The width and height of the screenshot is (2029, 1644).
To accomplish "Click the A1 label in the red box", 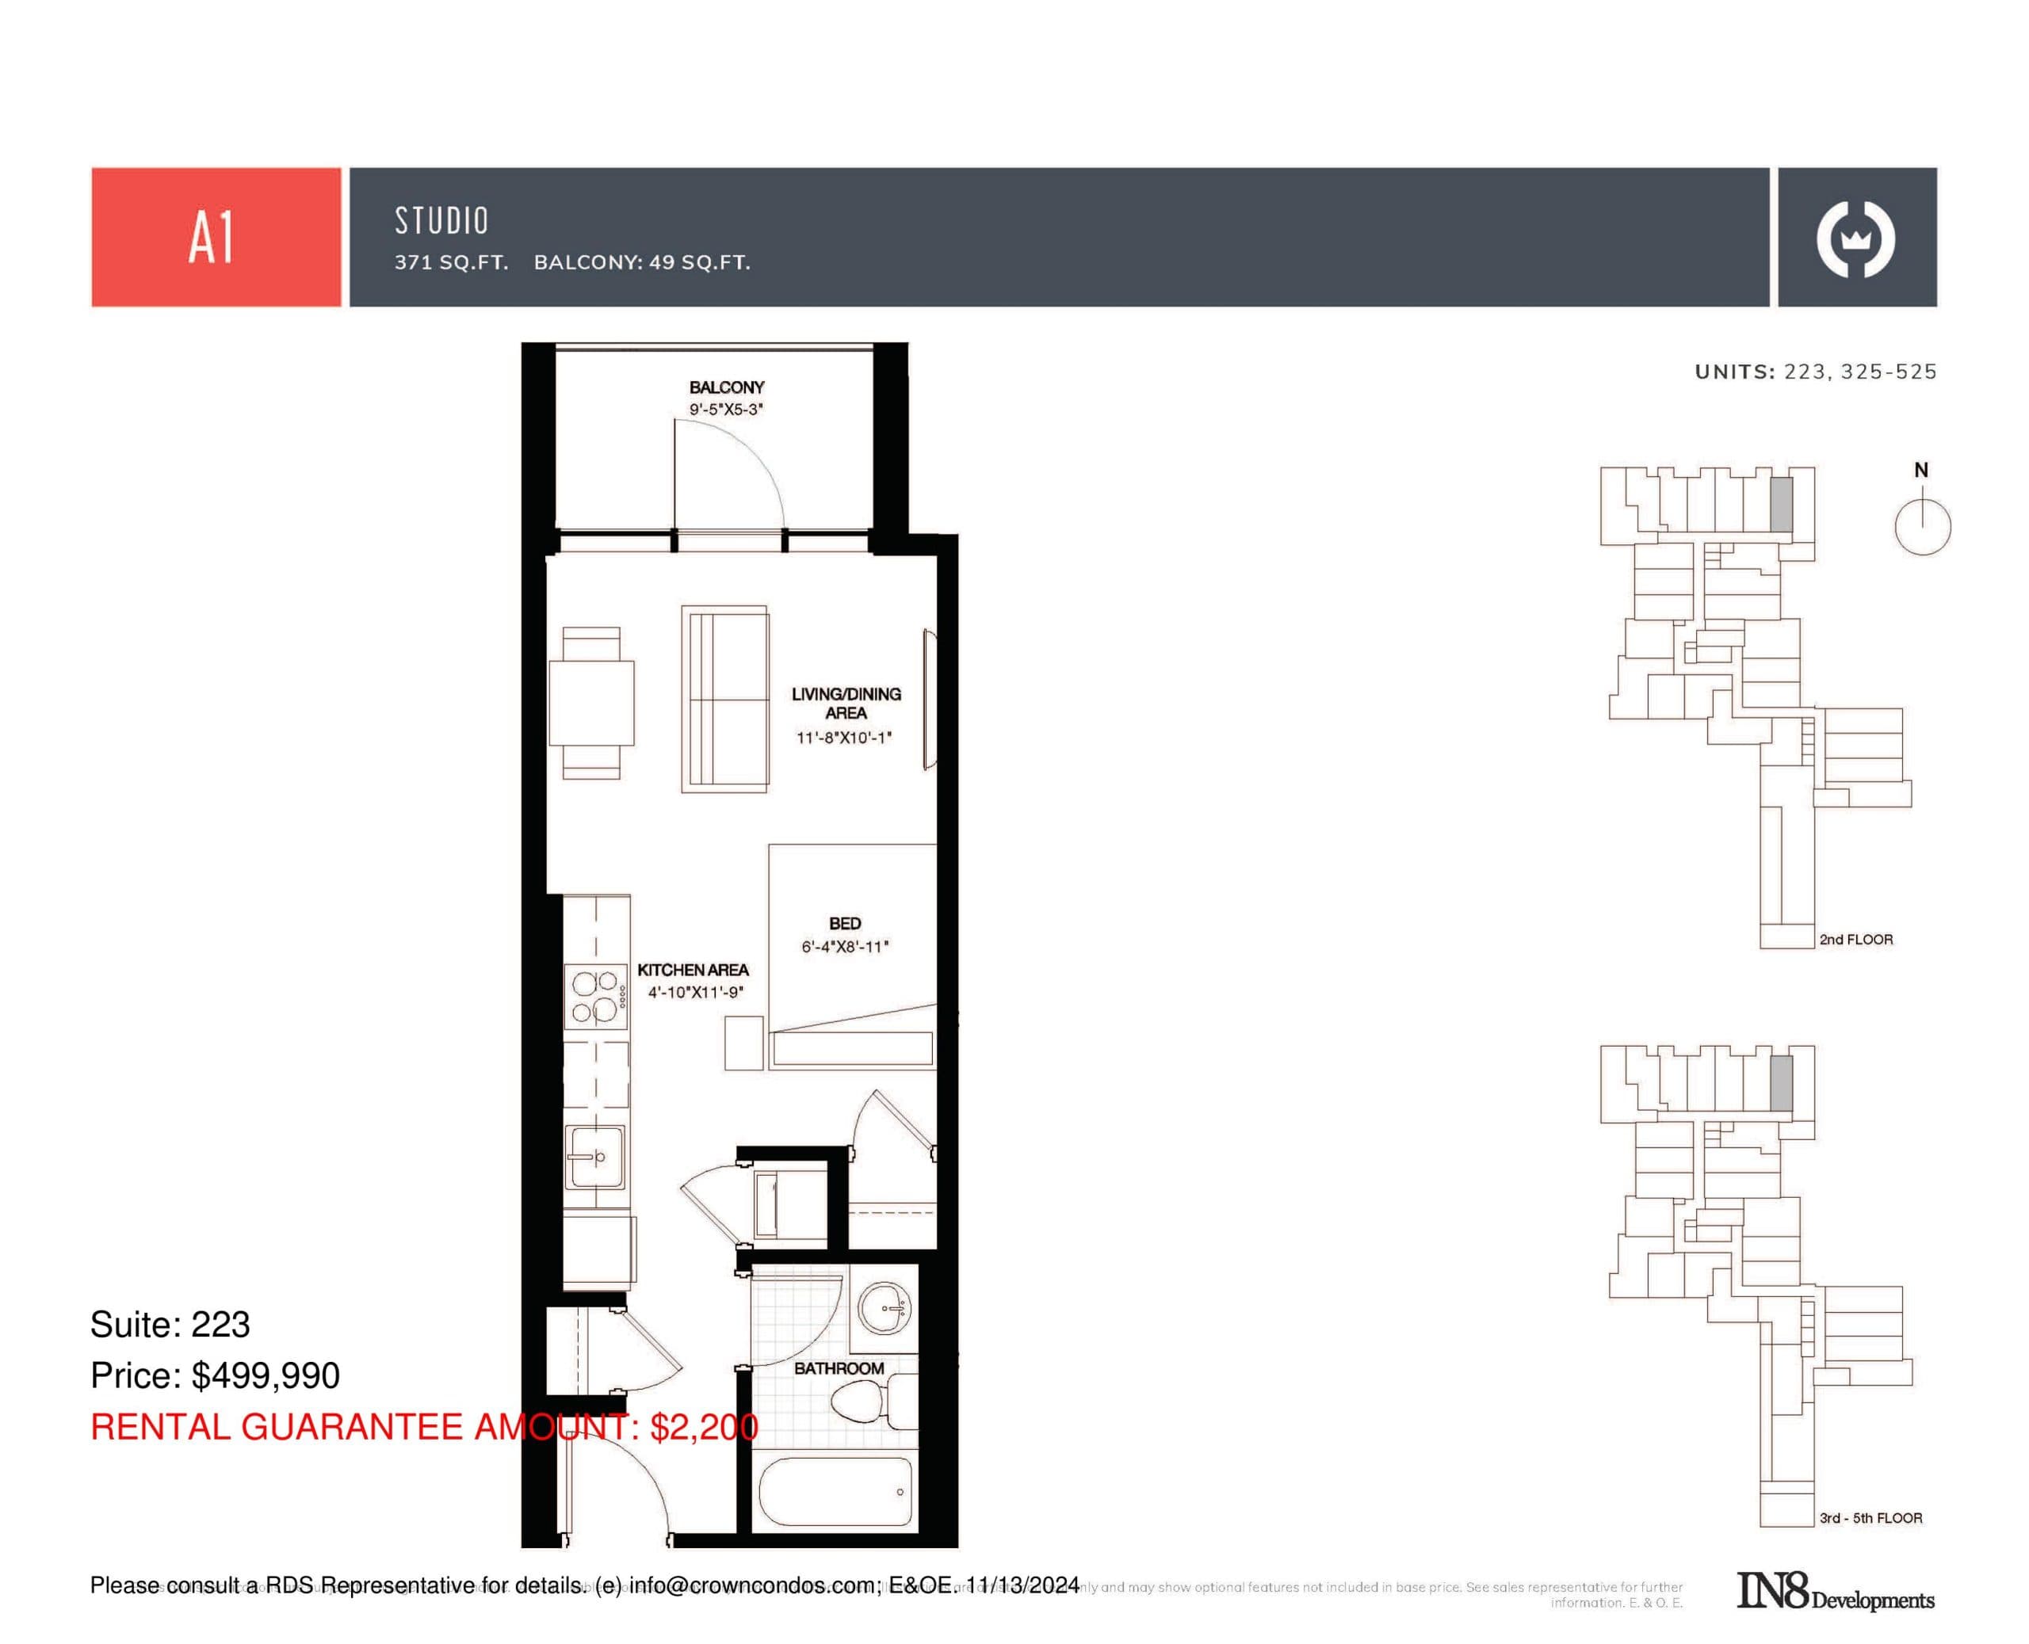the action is click(212, 238).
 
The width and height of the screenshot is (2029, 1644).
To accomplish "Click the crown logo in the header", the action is click(1855, 239).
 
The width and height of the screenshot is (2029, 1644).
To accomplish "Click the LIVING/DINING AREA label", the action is click(845, 703).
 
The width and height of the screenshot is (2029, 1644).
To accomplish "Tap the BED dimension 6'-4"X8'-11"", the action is click(844, 946).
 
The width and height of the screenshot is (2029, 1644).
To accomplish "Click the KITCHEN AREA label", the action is click(693, 970).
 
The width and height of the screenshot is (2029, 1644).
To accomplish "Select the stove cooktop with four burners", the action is click(595, 996).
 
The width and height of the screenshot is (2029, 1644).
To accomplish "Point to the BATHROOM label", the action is click(839, 1368).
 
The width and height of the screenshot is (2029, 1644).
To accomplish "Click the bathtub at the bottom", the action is click(835, 1492).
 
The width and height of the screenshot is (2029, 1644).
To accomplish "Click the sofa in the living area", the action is click(724, 699).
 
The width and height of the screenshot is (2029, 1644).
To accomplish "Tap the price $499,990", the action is click(266, 1375).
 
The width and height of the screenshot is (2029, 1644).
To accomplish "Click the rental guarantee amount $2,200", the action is click(703, 1426).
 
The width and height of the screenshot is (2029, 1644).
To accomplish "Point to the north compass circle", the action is click(1922, 527).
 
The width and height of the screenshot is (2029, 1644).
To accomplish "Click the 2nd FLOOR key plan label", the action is click(1855, 940).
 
